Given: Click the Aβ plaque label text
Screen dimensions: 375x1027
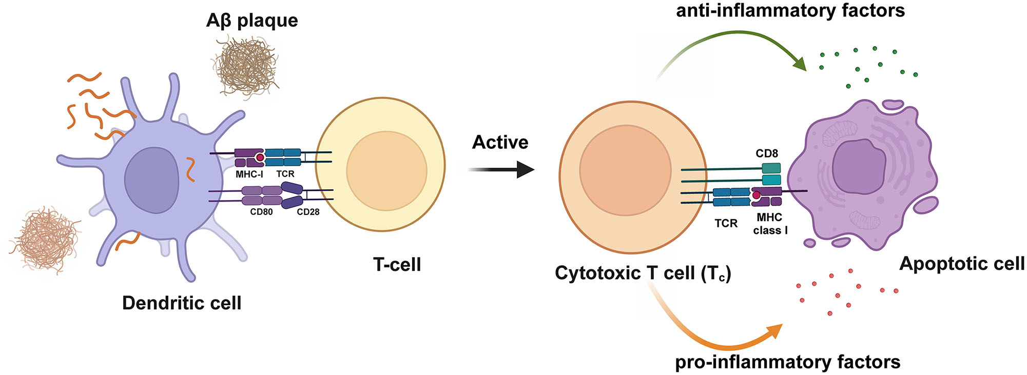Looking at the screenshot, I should coord(252,21).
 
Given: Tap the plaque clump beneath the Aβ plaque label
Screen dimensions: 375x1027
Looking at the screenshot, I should coord(245,66).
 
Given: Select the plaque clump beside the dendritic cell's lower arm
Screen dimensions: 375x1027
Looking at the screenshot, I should coord(45,239).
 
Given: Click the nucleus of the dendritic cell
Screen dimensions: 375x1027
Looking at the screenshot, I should coord(152,180).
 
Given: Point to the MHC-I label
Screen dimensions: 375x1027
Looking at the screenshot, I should coord(249,174).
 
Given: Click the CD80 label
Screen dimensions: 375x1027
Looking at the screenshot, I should coord(261,212).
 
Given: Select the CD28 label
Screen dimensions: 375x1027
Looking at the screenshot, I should coord(308,212).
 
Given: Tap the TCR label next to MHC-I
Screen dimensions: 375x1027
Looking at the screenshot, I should coord(285,174).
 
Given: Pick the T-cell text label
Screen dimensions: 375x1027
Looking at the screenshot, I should coord(397,265).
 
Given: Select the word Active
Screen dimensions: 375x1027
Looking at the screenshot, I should coord(500,142).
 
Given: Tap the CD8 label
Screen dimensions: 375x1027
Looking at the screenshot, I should coord(767,153).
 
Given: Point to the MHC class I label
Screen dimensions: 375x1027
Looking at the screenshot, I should coord(770,224).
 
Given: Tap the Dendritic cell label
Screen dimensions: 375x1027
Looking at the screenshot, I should coord(182,303).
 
